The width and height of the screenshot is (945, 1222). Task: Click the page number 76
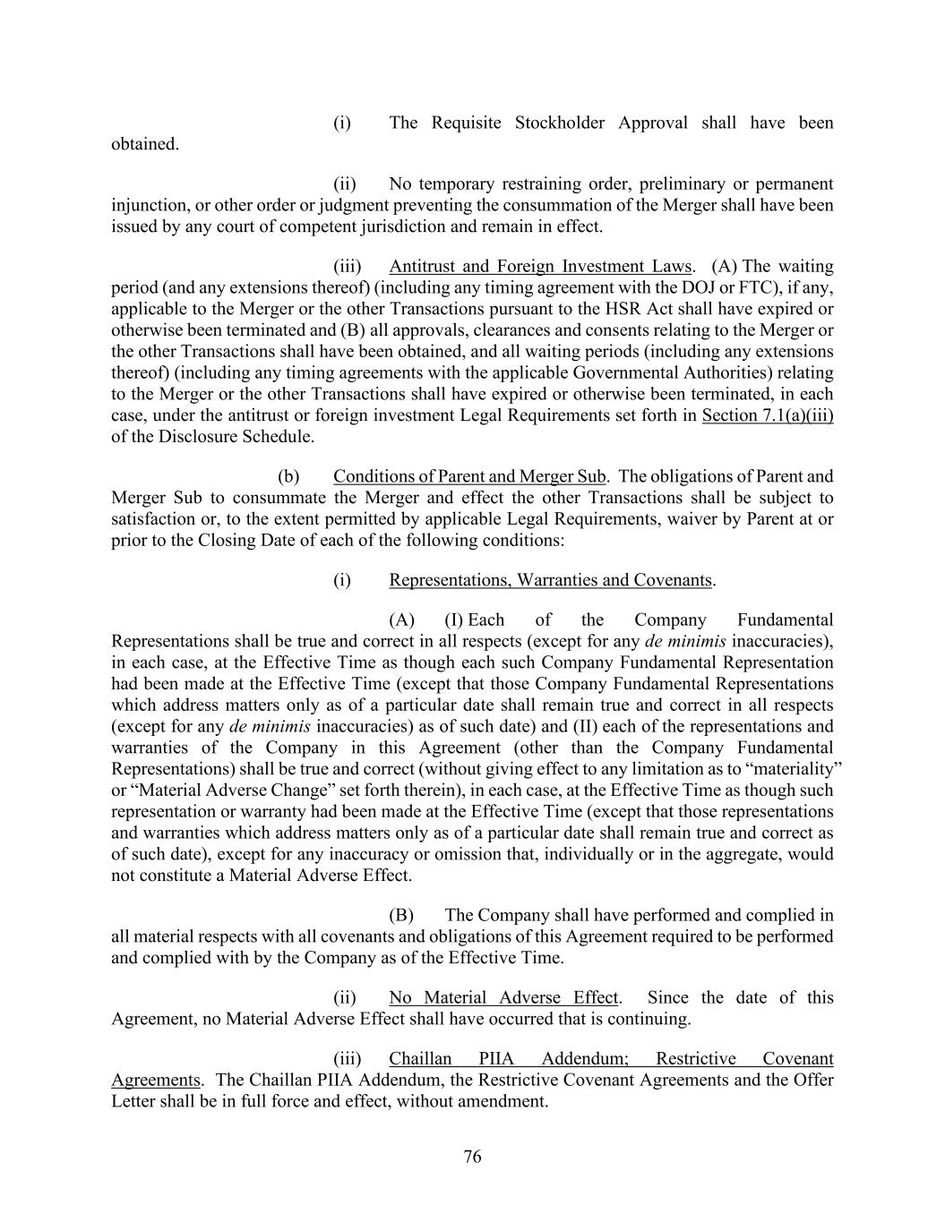472,1157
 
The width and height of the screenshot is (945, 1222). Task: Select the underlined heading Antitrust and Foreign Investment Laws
540,266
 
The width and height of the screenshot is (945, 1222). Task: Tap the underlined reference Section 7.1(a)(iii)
768,415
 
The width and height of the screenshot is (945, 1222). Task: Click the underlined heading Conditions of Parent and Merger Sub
469,476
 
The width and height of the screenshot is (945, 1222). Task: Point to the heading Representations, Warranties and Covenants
550,580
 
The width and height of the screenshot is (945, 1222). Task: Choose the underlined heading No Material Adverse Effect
503,997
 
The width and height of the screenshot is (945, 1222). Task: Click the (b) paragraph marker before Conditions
288,476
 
